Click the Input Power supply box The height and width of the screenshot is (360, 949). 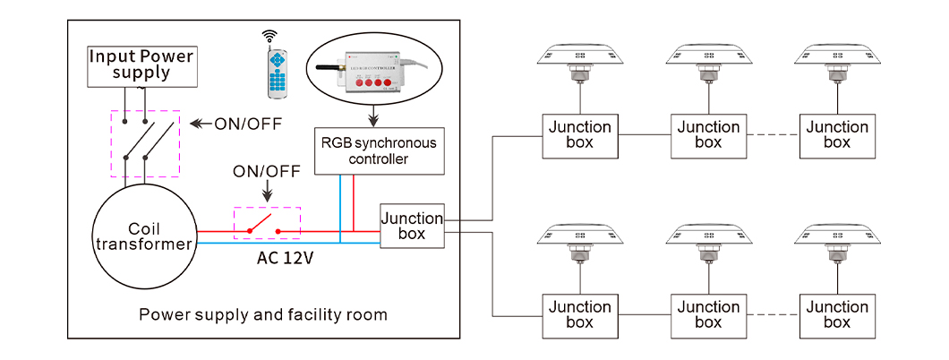(141, 65)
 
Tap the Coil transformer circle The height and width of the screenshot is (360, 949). (143, 235)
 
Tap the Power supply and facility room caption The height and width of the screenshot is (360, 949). (263, 315)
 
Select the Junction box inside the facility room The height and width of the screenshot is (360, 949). (412, 226)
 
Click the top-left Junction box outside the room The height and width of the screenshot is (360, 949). (580, 135)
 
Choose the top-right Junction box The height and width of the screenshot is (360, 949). (837, 135)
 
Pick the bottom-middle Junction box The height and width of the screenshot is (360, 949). (708, 314)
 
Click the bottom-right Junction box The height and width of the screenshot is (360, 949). (837, 314)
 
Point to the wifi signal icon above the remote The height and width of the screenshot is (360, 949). (269, 36)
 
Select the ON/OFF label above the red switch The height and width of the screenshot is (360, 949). (266, 171)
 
